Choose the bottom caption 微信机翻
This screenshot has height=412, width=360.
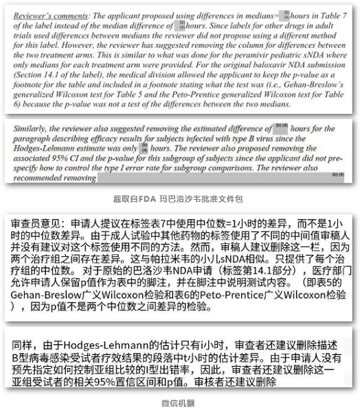pos(179,402)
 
